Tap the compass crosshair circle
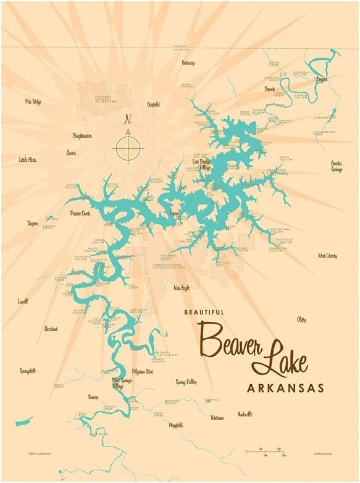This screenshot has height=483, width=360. coord(128,148)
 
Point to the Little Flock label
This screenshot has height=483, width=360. coord(28,159)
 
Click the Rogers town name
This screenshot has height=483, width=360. coord(32,223)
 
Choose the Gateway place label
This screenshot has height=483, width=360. coord(188,63)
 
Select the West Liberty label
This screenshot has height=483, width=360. coord(327,255)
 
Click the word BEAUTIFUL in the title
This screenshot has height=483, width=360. coord(204,313)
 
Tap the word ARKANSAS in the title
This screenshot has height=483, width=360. coord(285,388)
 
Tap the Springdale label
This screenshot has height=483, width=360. coord(28,371)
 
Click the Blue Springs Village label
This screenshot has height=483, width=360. coord(123,383)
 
